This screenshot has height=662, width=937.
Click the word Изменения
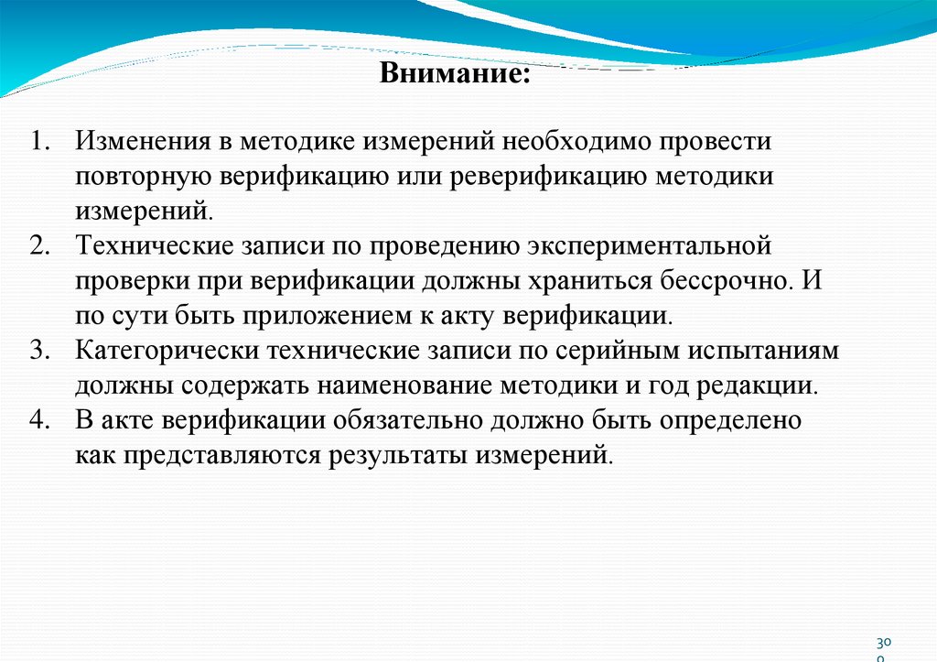(x=140, y=143)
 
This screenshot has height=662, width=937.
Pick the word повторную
(x=134, y=177)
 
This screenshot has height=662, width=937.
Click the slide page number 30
(x=883, y=644)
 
